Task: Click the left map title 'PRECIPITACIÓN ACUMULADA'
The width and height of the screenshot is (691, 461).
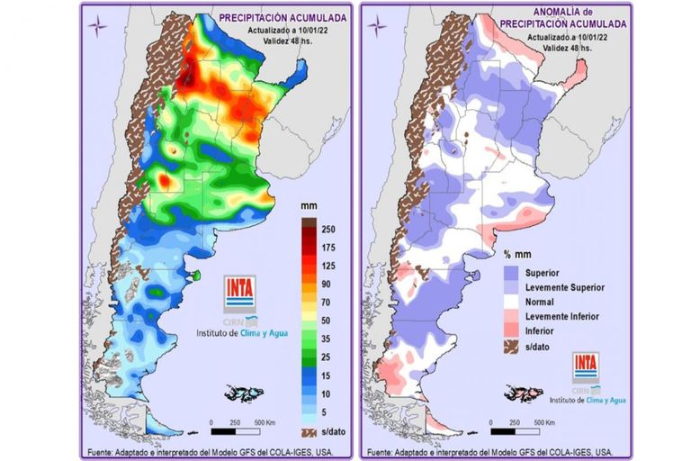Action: tap(281, 17)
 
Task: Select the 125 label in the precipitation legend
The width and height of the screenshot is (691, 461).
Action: tap(328, 267)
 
